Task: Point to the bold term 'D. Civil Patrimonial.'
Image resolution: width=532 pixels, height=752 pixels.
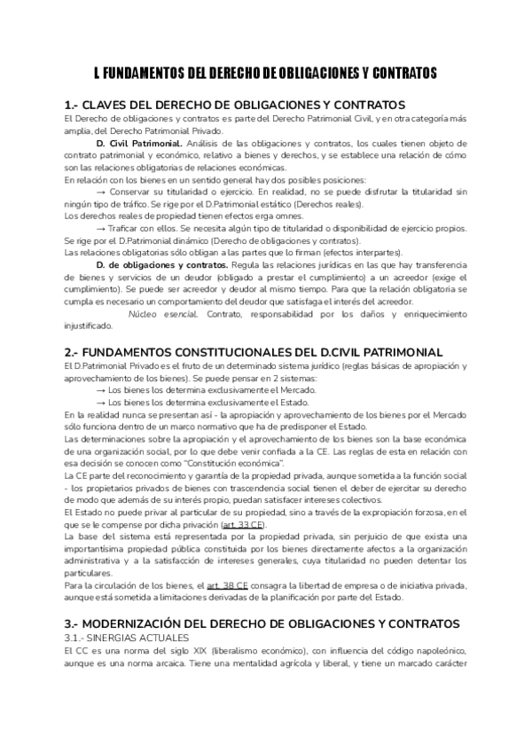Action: [x=140, y=143]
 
